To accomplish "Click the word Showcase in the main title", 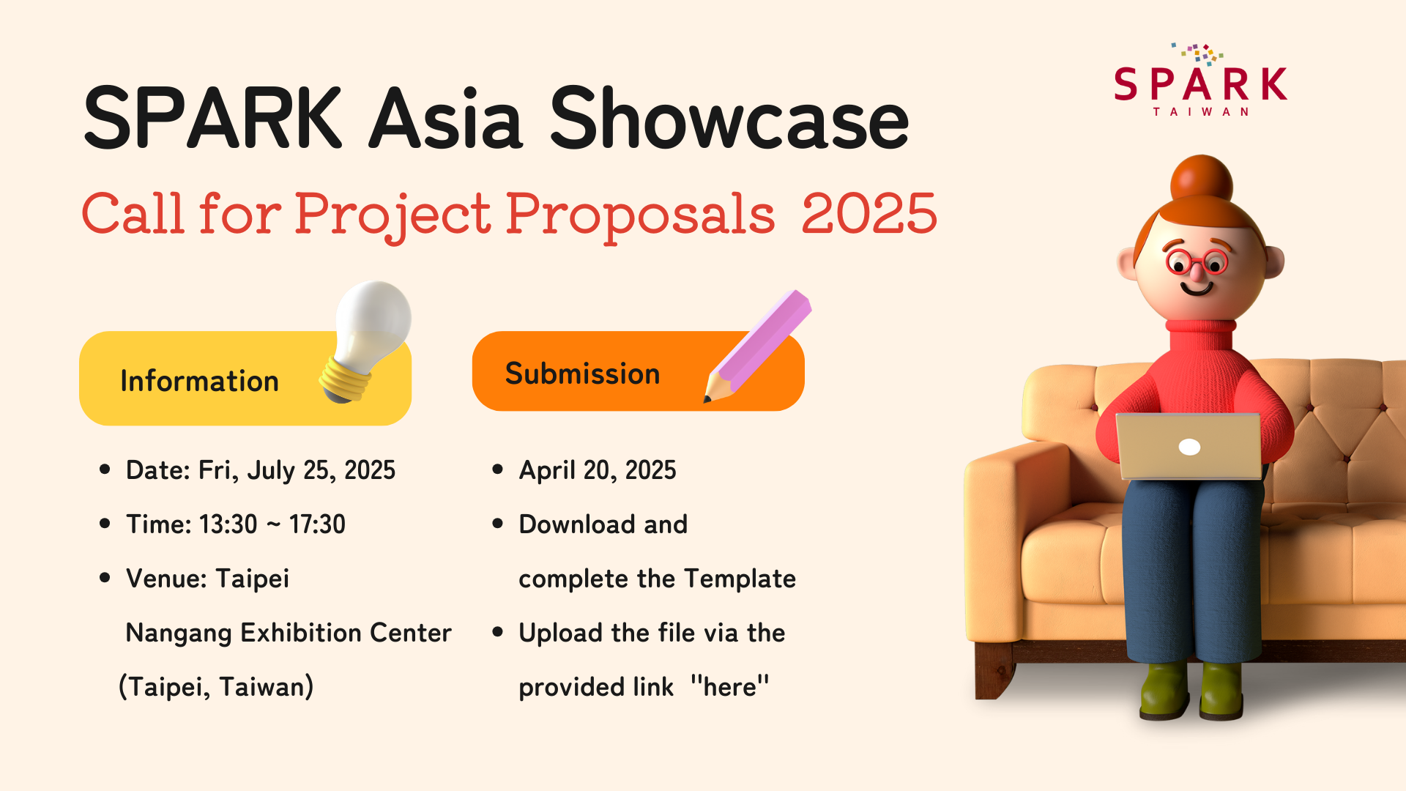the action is click(x=729, y=118).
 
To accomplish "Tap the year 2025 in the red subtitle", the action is click(x=869, y=213).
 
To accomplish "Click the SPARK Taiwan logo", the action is click(x=1200, y=80).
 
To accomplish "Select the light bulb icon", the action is click(x=366, y=341).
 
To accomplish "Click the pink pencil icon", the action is click(x=757, y=346).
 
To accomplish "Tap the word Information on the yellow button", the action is click(x=199, y=381).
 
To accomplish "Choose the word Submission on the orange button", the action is click(x=583, y=374).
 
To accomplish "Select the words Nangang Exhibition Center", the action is click(x=289, y=633).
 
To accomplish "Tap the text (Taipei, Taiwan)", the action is click(x=216, y=687).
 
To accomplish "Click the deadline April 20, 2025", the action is click(x=598, y=470).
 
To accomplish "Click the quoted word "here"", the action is click(x=730, y=686).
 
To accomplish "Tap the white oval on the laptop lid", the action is click(x=1189, y=447).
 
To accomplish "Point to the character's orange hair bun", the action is click(x=1202, y=182).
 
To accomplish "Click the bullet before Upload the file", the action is click(x=498, y=631).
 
